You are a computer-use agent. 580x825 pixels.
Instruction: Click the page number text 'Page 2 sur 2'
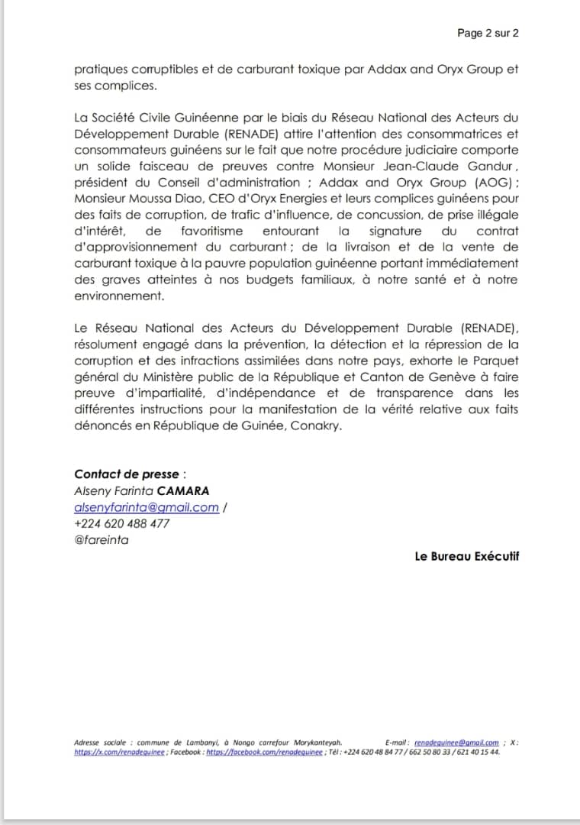(x=488, y=33)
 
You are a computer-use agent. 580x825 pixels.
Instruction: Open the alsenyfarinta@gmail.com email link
(x=147, y=507)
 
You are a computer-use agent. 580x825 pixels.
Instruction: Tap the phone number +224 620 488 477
(x=122, y=523)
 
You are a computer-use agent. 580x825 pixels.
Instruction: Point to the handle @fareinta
(x=101, y=540)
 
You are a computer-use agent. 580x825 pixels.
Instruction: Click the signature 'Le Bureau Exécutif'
(x=466, y=556)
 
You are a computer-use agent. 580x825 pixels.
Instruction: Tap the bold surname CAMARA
(x=182, y=490)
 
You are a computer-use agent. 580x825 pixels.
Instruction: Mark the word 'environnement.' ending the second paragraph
(x=119, y=295)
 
